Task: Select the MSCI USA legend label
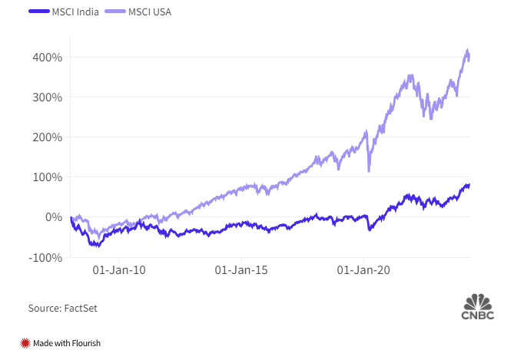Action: coord(149,13)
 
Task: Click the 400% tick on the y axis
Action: coord(48,58)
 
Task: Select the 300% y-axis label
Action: coord(48,97)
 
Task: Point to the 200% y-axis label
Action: coord(48,137)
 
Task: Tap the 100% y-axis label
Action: coord(48,177)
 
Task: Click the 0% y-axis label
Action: coord(52,217)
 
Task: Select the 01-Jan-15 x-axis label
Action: coord(240,270)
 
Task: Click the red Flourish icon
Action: coord(25,343)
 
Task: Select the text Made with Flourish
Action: coord(67,343)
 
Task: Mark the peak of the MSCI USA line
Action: coord(468,51)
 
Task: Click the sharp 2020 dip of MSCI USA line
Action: coord(370,170)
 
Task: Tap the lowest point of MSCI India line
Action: coord(97,246)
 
